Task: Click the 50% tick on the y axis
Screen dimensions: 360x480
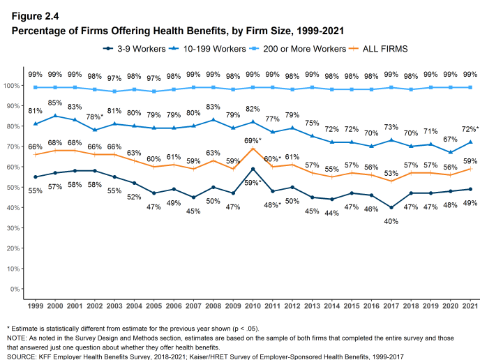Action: [x=12, y=188]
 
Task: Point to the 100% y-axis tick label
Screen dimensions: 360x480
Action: [x=10, y=86]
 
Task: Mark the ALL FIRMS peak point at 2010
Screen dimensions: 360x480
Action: [x=252, y=149]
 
